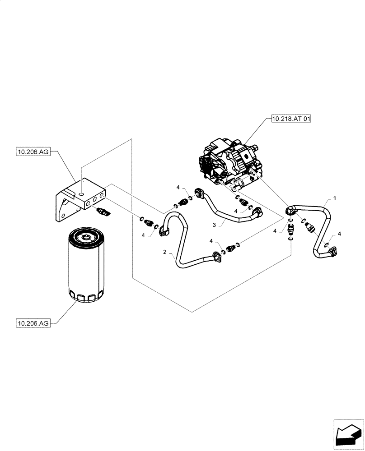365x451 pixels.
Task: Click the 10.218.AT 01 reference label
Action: (x=292, y=120)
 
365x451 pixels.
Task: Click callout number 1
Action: (x=334, y=198)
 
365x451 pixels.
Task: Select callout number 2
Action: (x=166, y=252)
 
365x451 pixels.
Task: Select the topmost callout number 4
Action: (x=178, y=187)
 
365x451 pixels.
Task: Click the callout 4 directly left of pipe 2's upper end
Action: (x=144, y=235)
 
